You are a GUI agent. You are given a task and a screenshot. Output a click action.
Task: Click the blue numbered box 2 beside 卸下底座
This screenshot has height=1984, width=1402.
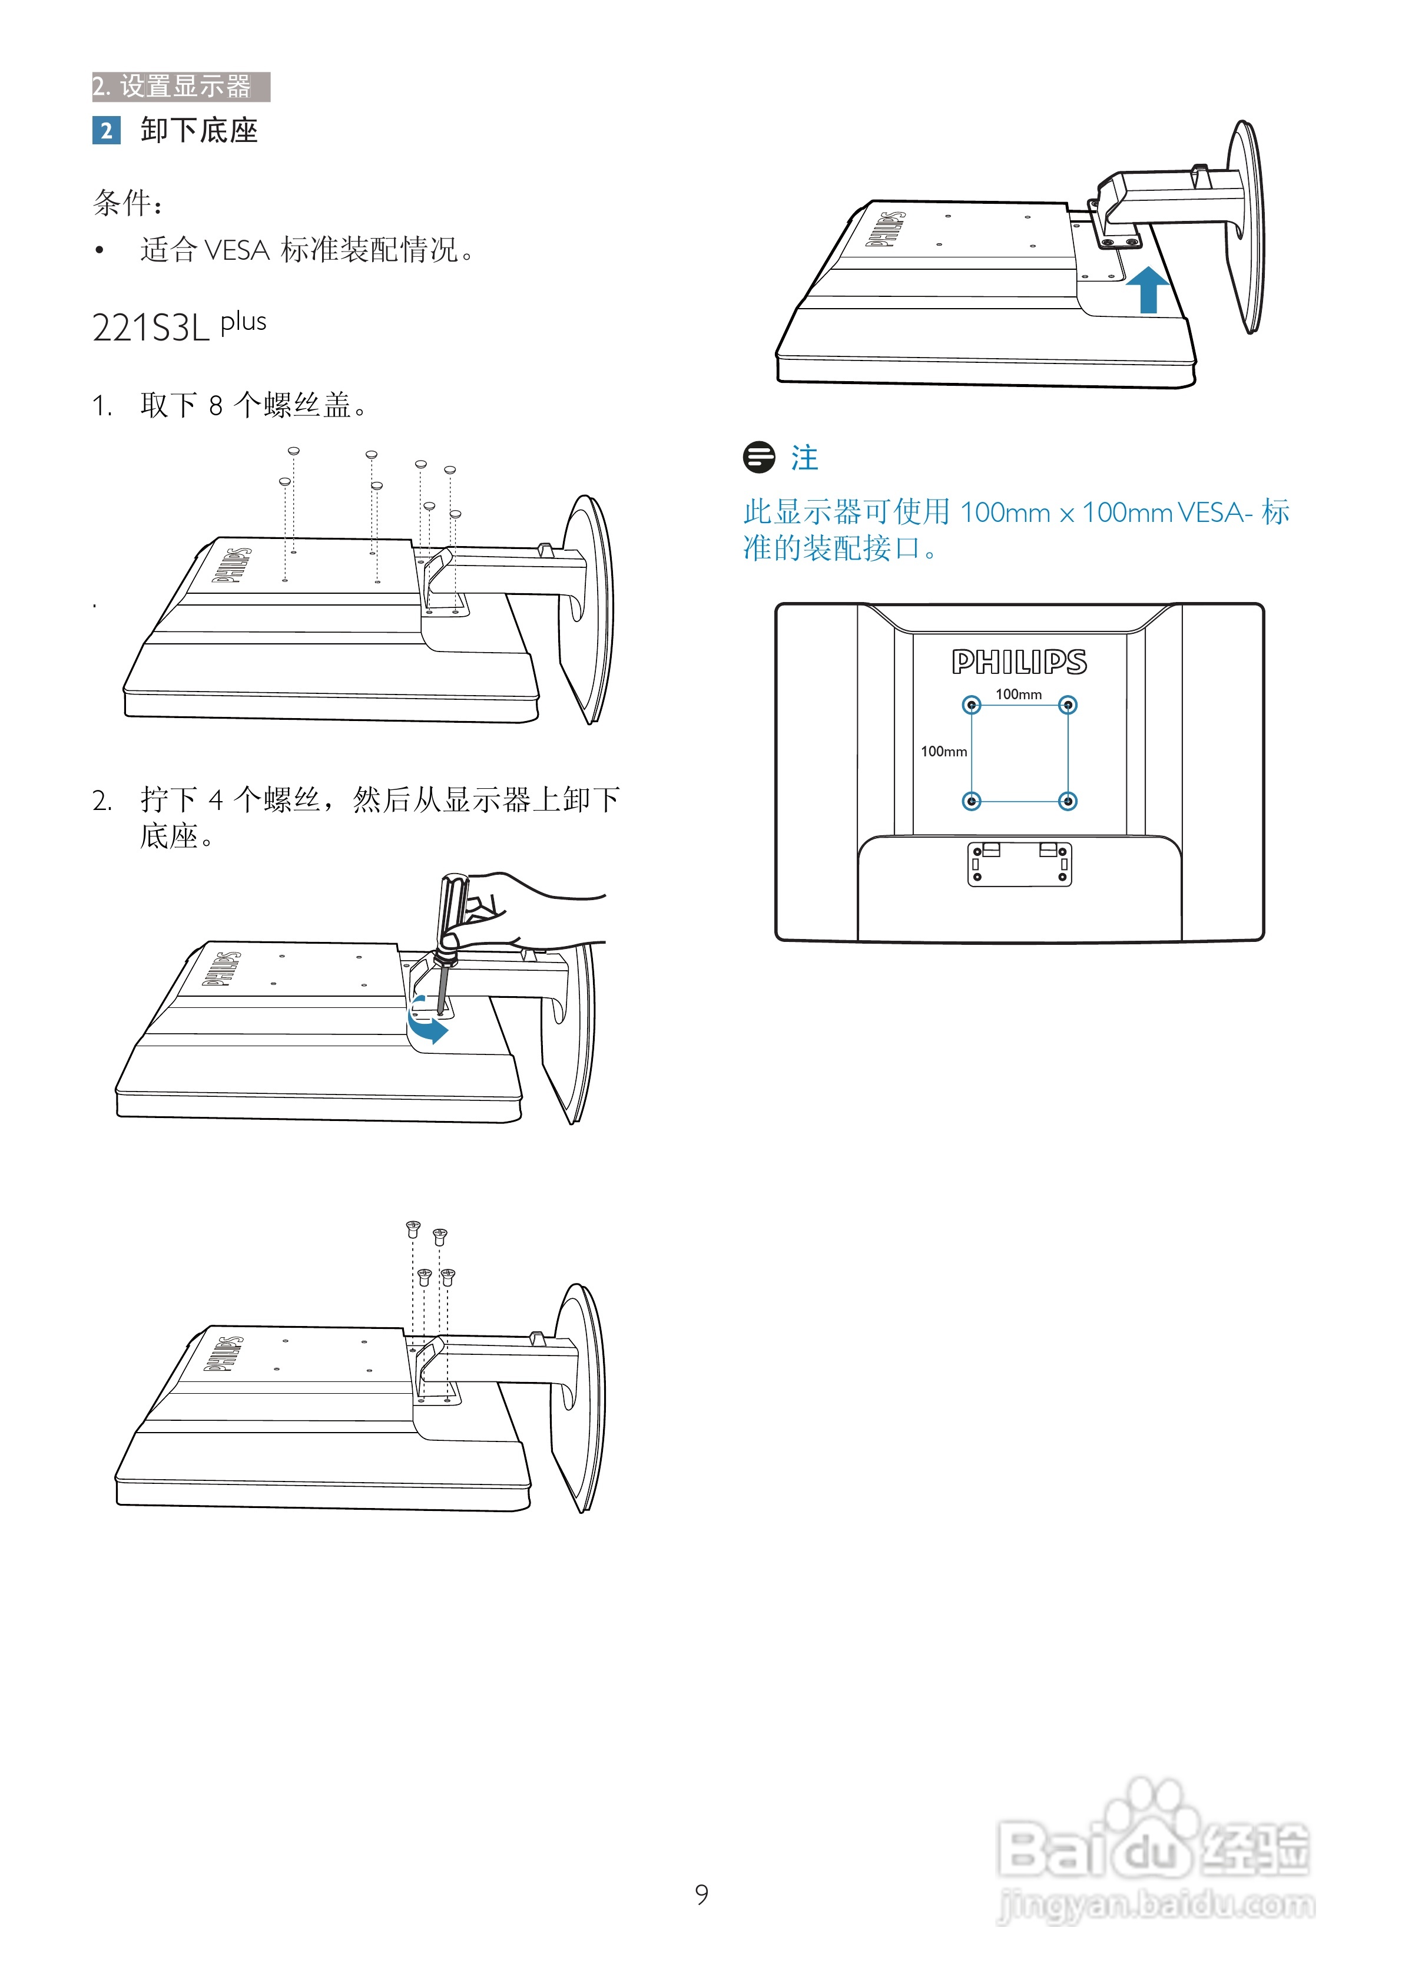pos(106,131)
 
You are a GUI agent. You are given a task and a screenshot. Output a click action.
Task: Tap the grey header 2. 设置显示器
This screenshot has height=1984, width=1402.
pos(181,87)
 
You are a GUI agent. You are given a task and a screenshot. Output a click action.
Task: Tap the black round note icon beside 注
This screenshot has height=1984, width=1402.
pos(760,457)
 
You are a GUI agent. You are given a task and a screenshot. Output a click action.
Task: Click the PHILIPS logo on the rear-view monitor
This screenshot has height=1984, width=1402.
pos(1019,663)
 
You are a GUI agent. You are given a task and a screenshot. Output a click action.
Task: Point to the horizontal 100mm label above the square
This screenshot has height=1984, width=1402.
pos(1019,694)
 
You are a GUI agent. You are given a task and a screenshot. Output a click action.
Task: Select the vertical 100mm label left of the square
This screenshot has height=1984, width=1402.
pos(943,752)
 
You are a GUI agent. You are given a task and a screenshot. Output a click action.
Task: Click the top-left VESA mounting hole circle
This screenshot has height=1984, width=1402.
pos(972,706)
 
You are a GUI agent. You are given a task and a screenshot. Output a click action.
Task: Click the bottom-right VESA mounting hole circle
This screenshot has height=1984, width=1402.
pos(1068,801)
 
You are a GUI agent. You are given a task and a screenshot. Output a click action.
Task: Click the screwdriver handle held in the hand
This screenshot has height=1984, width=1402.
pos(452,907)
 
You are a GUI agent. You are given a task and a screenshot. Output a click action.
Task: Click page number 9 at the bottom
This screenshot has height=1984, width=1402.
pos(701,1894)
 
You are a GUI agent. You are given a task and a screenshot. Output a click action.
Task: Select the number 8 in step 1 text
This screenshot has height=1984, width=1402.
pos(216,405)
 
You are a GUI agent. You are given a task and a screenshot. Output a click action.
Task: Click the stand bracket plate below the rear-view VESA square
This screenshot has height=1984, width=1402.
pos(1019,864)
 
